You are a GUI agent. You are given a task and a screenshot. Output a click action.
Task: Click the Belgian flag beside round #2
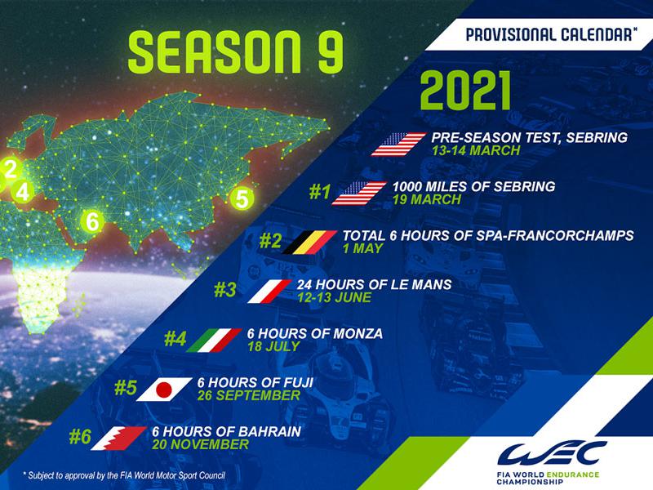309,243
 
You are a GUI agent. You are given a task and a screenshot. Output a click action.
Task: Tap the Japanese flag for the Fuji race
164,390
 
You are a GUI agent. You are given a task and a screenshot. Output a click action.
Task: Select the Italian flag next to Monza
214,341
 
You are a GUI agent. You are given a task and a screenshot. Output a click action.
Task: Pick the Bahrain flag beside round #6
118,439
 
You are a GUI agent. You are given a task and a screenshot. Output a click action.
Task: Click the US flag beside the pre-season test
398,145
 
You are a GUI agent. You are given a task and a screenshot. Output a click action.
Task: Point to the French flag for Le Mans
269,292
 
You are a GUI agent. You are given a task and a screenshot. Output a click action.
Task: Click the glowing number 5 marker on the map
242,198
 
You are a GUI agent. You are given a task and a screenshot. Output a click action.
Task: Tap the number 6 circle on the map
92,221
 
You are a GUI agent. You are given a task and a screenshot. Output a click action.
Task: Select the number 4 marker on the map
23,192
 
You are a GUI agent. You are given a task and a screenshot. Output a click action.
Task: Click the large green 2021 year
465,90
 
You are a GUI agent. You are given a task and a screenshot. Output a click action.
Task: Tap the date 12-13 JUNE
335,297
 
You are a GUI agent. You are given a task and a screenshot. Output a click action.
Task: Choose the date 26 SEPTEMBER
249,395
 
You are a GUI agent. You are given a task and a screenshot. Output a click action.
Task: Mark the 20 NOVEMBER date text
200,444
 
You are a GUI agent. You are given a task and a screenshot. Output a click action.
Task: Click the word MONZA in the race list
358,334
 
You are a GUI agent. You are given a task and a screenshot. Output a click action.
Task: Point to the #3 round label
225,290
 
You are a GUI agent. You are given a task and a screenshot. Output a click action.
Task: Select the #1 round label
320,192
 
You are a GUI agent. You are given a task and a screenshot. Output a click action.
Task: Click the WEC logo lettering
552,453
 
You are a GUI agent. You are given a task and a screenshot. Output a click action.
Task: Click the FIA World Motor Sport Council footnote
124,475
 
